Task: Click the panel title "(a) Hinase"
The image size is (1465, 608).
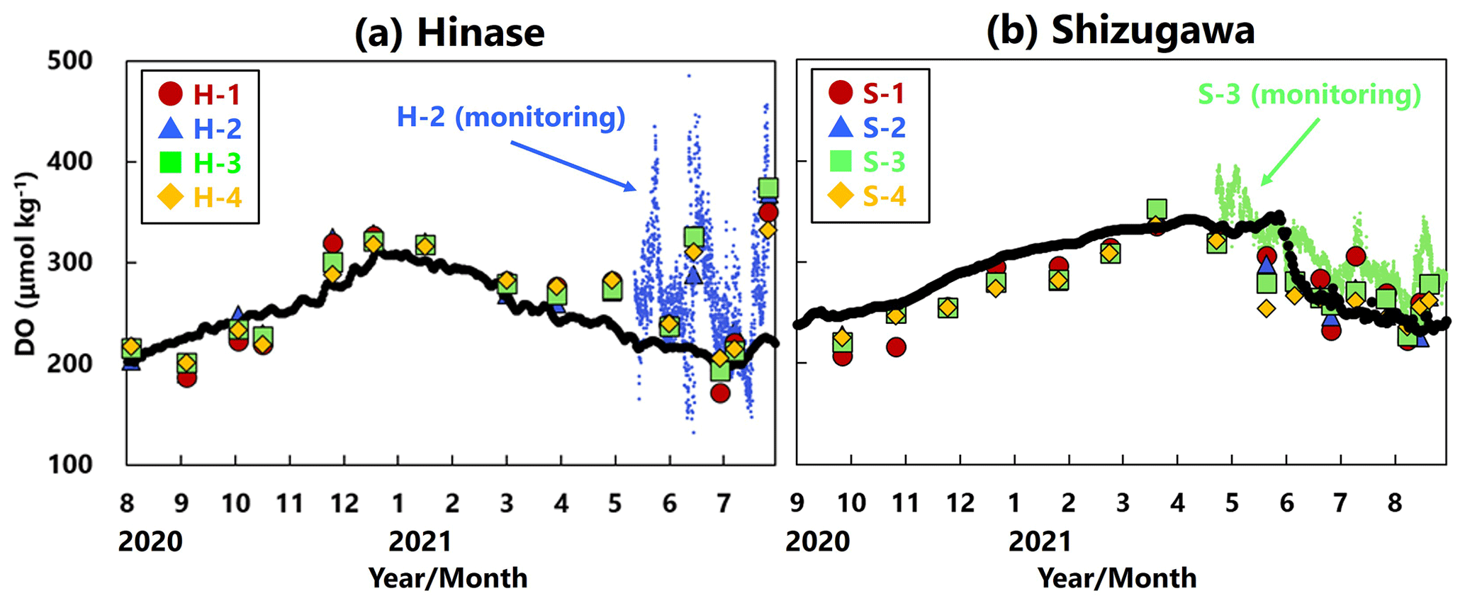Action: [449, 33]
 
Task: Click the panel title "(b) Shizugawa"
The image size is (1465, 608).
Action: [1121, 31]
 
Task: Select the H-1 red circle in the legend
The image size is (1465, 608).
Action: [170, 94]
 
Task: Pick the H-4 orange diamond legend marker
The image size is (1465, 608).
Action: [170, 198]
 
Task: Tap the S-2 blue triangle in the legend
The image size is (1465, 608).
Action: [841, 128]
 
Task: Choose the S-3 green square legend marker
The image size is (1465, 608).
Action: [841, 162]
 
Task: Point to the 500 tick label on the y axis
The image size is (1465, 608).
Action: [69, 61]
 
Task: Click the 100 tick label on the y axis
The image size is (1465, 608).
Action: [69, 465]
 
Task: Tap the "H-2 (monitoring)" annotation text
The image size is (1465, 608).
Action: [511, 118]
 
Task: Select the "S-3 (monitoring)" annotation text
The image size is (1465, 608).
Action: [1310, 95]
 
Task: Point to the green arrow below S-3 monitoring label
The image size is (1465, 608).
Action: [1289, 152]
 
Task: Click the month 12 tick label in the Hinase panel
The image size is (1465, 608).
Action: [344, 504]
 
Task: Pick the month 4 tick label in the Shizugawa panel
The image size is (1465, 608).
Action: [1177, 504]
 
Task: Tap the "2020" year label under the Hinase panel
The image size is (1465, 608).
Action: [150, 542]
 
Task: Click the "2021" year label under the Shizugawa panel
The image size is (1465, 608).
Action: [1040, 542]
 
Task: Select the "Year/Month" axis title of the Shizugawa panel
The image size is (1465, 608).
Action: [1117, 578]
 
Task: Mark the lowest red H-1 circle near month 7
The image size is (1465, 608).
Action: [720, 393]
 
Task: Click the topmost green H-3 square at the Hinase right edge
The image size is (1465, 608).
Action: [768, 188]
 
